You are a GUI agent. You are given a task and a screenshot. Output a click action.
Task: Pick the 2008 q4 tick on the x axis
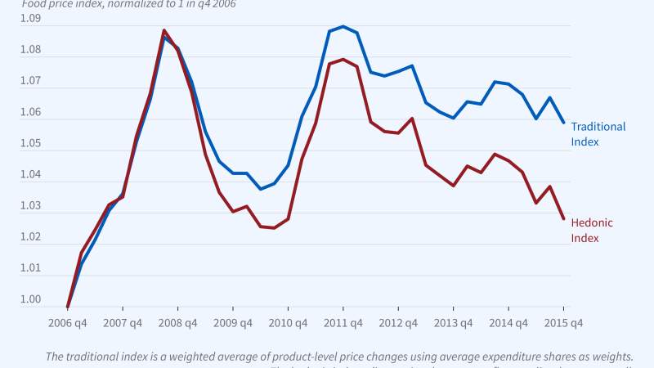(177, 322)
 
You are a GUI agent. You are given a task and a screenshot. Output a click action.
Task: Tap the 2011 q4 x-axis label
(343, 322)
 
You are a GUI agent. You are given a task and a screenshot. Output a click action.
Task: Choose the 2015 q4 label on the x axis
(563, 322)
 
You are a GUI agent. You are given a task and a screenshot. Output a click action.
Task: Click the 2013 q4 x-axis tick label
(453, 322)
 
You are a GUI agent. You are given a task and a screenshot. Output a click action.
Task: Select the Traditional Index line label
(598, 134)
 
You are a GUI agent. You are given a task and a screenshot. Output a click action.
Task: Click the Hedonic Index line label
(591, 230)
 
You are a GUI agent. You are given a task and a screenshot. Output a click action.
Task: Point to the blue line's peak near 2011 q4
(343, 26)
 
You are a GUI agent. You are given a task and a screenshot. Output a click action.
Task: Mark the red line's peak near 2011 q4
(343, 59)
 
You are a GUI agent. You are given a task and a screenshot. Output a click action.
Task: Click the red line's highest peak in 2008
(163, 30)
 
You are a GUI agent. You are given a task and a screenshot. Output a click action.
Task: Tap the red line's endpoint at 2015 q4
(563, 218)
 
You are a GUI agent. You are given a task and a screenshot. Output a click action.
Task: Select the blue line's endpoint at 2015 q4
(563, 123)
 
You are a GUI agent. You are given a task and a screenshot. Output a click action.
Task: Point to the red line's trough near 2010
(274, 227)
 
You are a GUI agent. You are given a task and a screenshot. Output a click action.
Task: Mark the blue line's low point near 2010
(261, 189)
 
